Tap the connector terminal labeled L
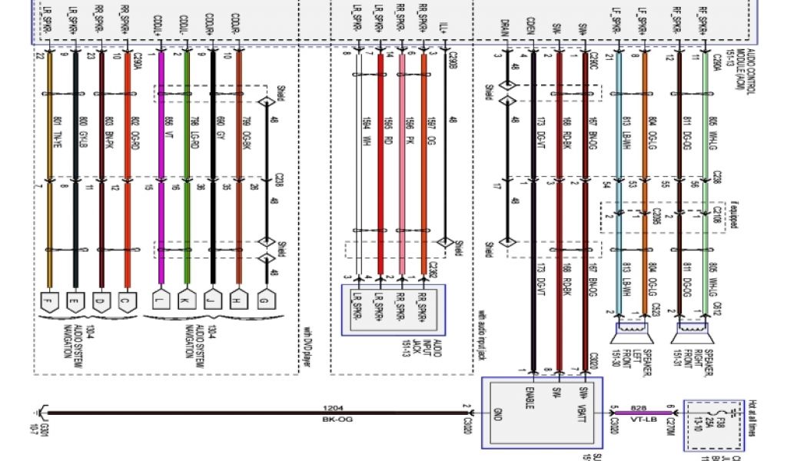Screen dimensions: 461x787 161,299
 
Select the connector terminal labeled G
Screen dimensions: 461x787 267,299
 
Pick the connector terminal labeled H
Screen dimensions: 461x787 239,299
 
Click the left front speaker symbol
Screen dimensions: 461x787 631,335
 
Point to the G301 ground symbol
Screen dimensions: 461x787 40,419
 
